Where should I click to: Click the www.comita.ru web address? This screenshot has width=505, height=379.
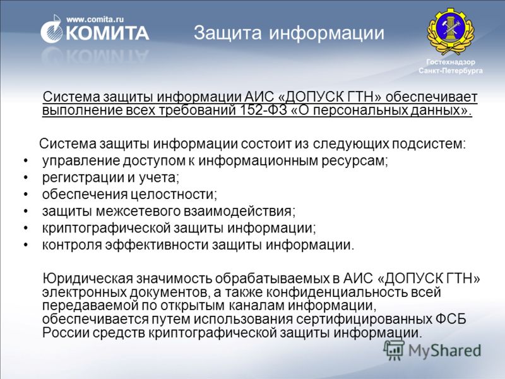tap(95, 20)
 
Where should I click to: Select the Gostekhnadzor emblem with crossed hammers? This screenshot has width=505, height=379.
tap(451, 31)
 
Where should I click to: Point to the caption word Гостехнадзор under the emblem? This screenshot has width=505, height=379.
tap(451, 62)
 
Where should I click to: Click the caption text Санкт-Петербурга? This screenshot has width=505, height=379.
tap(451, 70)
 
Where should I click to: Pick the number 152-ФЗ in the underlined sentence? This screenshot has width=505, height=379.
tap(263, 110)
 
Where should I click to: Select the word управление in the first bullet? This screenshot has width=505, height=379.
tap(81, 160)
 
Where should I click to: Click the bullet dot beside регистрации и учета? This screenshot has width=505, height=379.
tap(26, 177)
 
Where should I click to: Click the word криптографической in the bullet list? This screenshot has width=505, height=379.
tap(106, 228)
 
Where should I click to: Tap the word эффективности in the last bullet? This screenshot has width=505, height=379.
tap(157, 245)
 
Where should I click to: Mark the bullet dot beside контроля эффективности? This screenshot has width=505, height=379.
tap(26, 245)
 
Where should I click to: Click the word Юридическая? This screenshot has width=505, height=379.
tap(88, 279)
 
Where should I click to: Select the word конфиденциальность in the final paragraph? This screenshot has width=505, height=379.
tap(337, 292)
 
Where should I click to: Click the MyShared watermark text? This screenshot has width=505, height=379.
tap(444, 351)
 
